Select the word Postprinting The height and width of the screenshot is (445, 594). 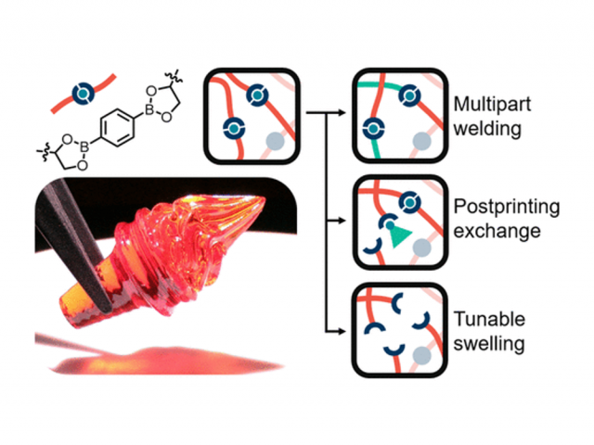(x=503, y=205)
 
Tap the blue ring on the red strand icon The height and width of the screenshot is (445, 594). (x=84, y=90)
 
